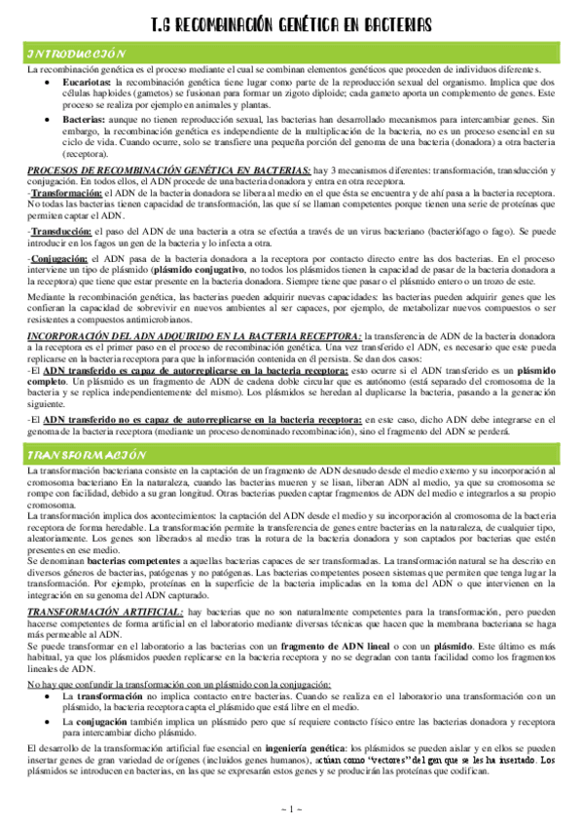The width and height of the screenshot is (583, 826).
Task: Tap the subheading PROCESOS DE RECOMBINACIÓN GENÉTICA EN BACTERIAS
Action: pyautogui.click(x=170, y=170)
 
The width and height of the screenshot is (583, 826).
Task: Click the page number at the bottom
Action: pyautogui.click(x=292, y=807)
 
